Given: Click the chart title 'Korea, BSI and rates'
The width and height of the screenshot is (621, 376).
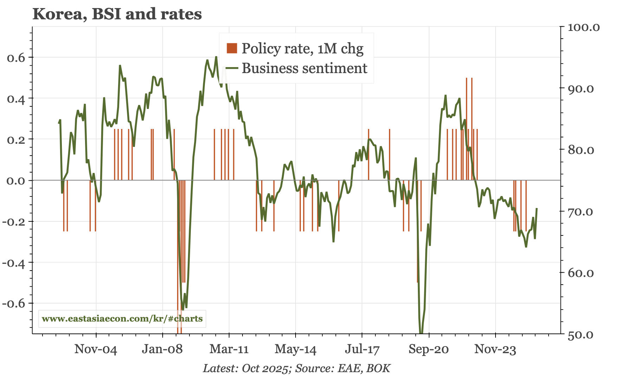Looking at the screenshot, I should (117, 14).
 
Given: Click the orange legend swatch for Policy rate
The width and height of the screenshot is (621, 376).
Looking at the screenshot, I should (232, 48).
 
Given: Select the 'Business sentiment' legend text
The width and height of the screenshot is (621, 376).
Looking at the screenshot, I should (304, 68).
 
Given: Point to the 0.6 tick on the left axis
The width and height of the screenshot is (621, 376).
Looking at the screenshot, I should (16, 58).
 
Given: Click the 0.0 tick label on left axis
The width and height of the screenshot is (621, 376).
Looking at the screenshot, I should (16, 181).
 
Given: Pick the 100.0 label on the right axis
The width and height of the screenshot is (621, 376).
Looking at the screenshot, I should (584, 27).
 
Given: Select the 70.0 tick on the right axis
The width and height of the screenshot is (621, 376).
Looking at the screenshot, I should (581, 212).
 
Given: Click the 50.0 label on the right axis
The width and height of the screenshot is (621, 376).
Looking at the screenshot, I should (581, 335).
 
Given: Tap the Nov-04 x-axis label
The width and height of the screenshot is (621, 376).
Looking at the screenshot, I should (96, 350).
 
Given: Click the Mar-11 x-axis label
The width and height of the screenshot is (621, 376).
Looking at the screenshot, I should (229, 350).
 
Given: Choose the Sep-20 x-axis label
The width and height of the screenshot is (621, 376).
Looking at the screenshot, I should (428, 350).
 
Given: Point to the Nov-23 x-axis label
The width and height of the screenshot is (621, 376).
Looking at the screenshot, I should (495, 350).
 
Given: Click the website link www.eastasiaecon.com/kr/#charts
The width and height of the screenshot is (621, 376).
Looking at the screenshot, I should (122, 319).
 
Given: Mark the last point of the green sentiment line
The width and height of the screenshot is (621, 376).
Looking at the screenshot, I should (537, 208).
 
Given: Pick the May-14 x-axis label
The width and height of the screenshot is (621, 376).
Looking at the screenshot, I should (295, 350).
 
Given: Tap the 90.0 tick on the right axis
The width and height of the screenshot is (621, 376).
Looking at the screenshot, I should (581, 89).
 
